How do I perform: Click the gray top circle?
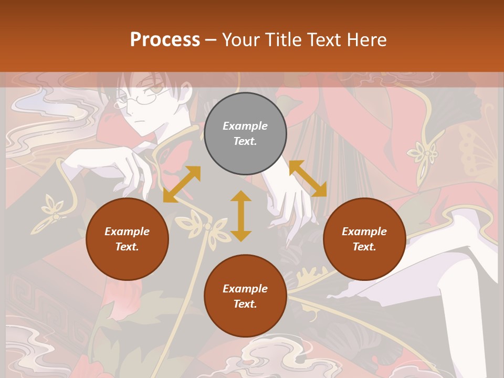[245, 134]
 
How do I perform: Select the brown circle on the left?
[127, 239]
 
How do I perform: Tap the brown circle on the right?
[364, 239]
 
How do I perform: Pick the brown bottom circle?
[245, 296]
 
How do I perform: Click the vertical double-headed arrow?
[241, 216]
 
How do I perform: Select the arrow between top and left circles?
[182, 184]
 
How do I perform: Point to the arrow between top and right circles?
[308, 178]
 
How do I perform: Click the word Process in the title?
[165, 39]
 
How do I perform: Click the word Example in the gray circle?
[245, 126]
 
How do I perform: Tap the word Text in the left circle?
[127, 247]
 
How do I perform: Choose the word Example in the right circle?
[364, 232]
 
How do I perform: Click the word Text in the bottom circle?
[245, 304]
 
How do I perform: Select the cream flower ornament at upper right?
[425, 155]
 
